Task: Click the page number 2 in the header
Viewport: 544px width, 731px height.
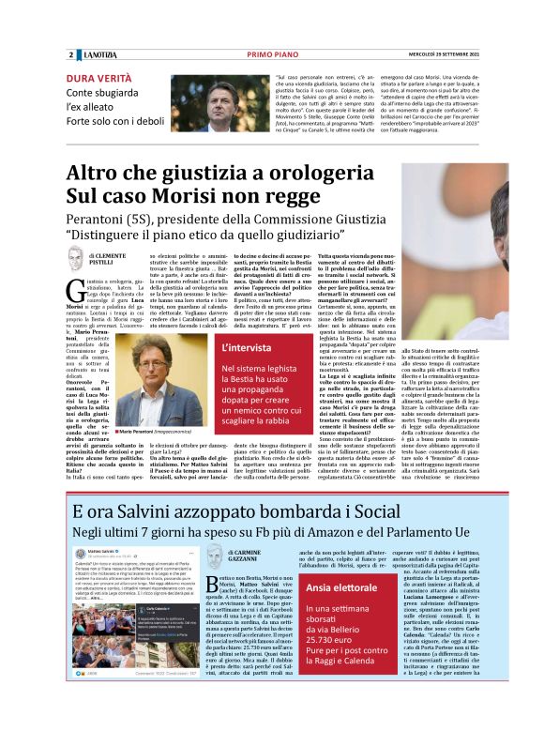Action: pyautogui.click(x=71, y=54)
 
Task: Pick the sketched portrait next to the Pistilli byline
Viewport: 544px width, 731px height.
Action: pyautogui.click(x=75, y=257)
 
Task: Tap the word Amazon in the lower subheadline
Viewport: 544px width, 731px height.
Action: pyautogui.click(x=324, y=531)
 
